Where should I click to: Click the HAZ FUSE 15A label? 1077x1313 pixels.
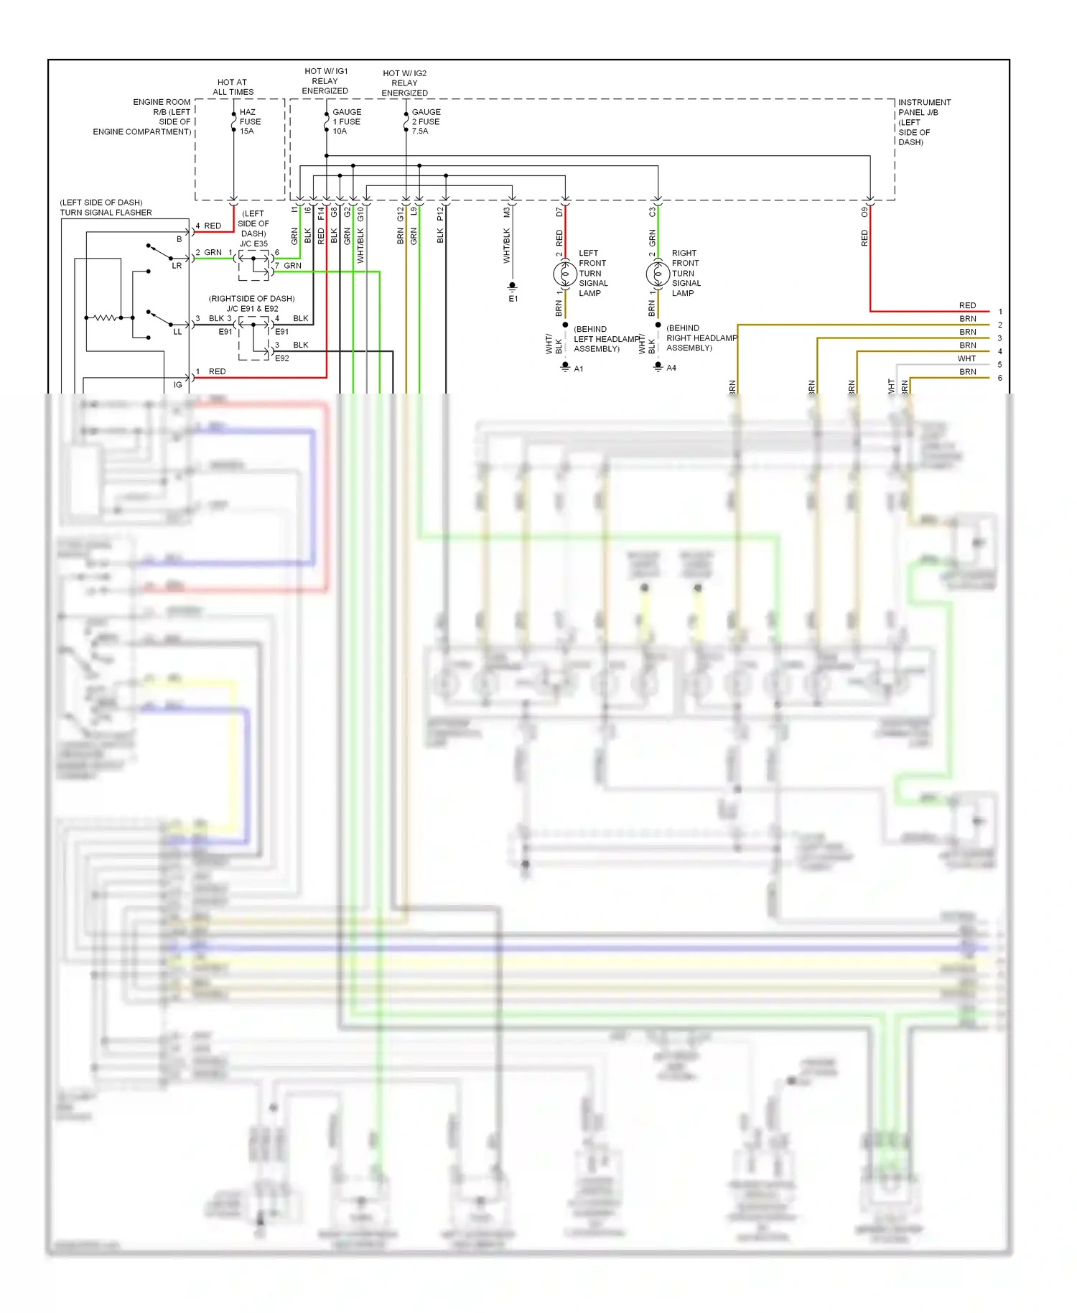pyautogui.click(x=249, y=121)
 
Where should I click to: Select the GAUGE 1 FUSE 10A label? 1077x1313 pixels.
pyautogui.click(x=346, y=121)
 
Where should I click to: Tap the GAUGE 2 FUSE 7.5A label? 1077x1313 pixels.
pyautogui.click(x=426, y=121)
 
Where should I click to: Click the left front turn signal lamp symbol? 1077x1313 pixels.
pyautogui.click(x=565, y=274)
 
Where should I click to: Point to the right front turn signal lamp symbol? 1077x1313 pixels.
pyautogui.click(x=658, y=274)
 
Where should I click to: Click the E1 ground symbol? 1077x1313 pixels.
pyautogui.click(x=513, y=287)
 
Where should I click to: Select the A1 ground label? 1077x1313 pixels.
pyautogui.click(x=579, y=369)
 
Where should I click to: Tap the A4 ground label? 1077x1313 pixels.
pyautogui.click(x=671, y=368)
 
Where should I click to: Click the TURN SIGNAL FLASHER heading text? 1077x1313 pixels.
pyautogui.click(x=106, y=213)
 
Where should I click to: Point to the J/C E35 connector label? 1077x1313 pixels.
pyautogui.click(x=253, y=243)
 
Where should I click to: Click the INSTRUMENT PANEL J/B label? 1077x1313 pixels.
pyautogui.click(x=924, y=107)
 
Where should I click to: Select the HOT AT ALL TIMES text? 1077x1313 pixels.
pyautogui.click(x=233, y=87)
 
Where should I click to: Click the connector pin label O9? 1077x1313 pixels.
pyautogui.click(x=864, y=213)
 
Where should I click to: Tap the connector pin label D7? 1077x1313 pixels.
pyautogui.click(x=559, y=213)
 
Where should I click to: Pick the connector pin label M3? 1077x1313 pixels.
pyautogui.click(x=506, y=213)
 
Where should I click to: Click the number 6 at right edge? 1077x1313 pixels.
pyautogui.click(x=999, y=378)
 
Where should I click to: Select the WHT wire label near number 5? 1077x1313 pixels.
pyautogui.click(x=966, y=358)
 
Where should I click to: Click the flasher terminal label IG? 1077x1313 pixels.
pyautogui.click(x=177, y=385)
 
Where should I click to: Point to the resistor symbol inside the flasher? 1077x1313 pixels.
pyautogui.click(x=104, y=317)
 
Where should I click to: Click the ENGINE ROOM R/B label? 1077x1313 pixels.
pyautogui.click(x=162, y=107)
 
